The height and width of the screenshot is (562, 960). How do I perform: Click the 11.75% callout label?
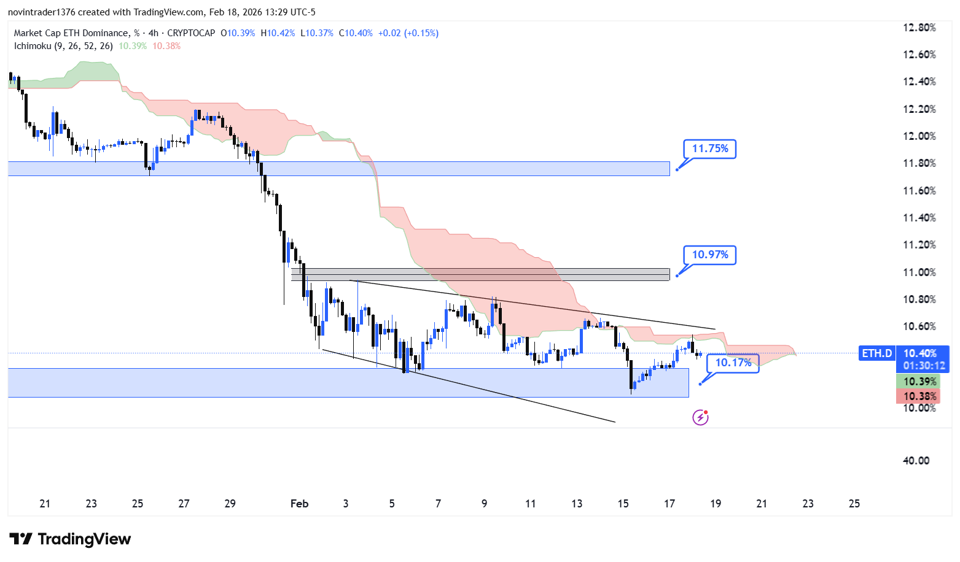pyautogui.click(x=709, y=148)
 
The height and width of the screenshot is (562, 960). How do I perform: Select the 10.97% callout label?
pyautogui.click(x=709, y=255)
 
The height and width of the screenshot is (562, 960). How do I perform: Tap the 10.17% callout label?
pyautogui.click(x=733, y=363)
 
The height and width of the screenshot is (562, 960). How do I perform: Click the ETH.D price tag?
pyautogui.click(x=876, y=353)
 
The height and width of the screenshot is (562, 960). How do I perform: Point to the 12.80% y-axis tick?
pyautogui.click(x=919, y=28)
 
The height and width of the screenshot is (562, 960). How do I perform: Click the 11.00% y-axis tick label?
pyautogui.click(x=919, y=272)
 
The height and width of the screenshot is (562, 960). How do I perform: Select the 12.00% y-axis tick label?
pyautogui.click(x=919, y=136)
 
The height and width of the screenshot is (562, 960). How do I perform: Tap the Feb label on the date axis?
pyautogui.click(x=299, y=504)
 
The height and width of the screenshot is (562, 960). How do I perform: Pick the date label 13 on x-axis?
pyautogui.click(x=577, y=504)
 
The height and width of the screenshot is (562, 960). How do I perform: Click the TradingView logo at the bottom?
pyautogui.click(x=70, y=539)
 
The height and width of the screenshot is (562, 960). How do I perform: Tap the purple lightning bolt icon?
pyautogui.click(x=700, y=418)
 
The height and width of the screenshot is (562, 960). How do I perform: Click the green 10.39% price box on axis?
pyautogui.click(x=919, y=382)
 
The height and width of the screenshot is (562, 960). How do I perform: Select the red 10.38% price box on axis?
pyautogui.click(x=919, y=396)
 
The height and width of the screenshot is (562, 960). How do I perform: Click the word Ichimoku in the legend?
pyautogui.click(x=33, y=46)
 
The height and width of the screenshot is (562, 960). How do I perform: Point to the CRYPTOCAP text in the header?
pyautogui.click(x=191, y=33)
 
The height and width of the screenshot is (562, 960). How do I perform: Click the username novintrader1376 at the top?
pyautogui.click(x=41, y=12)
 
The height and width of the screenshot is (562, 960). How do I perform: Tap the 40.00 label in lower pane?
pyautogui.click(x=916, y=461)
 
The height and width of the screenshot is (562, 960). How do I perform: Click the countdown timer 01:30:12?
pyautogui.click(x=923, y=366)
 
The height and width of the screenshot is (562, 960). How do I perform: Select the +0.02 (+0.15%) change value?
pyautogui.click(x=408, y=33)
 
